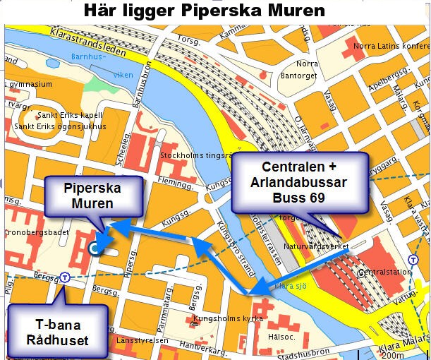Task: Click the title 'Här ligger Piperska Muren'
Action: [204, 11]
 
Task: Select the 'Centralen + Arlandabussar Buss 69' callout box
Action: [301, 182]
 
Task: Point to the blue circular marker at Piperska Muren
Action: [95, 247]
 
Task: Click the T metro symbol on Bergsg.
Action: [65, 277]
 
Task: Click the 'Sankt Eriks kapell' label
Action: [70, 115]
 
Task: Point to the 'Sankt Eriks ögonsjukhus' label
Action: [60, 126]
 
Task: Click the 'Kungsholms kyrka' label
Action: [221, 319]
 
